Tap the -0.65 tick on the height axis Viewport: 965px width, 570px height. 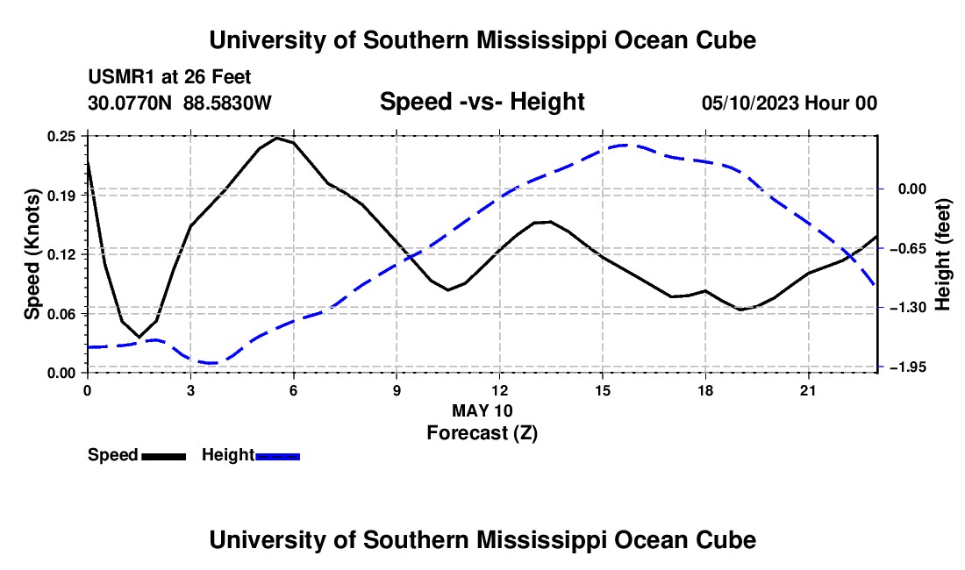(911, 248)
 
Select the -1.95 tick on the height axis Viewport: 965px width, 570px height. (911, 367)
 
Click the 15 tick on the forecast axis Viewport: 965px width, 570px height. (603, 390)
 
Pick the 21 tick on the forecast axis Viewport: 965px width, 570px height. (808, 390)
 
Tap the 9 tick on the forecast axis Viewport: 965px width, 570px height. (397, 390)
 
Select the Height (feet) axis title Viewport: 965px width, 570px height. (943, 254)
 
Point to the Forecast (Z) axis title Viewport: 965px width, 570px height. (482, 433)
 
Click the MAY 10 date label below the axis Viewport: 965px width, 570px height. (482, 410)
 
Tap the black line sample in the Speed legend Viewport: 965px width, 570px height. (164, 456)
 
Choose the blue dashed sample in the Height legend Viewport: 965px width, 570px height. (277, 456)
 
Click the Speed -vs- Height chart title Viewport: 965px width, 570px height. (482, 102)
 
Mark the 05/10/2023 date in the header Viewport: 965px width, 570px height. (750, 103)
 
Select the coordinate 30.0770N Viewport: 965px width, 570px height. (130, 103)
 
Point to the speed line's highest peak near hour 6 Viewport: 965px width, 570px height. (276, 138)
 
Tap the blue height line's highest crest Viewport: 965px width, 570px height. (625, 145)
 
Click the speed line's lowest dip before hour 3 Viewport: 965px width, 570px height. (139, 337)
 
